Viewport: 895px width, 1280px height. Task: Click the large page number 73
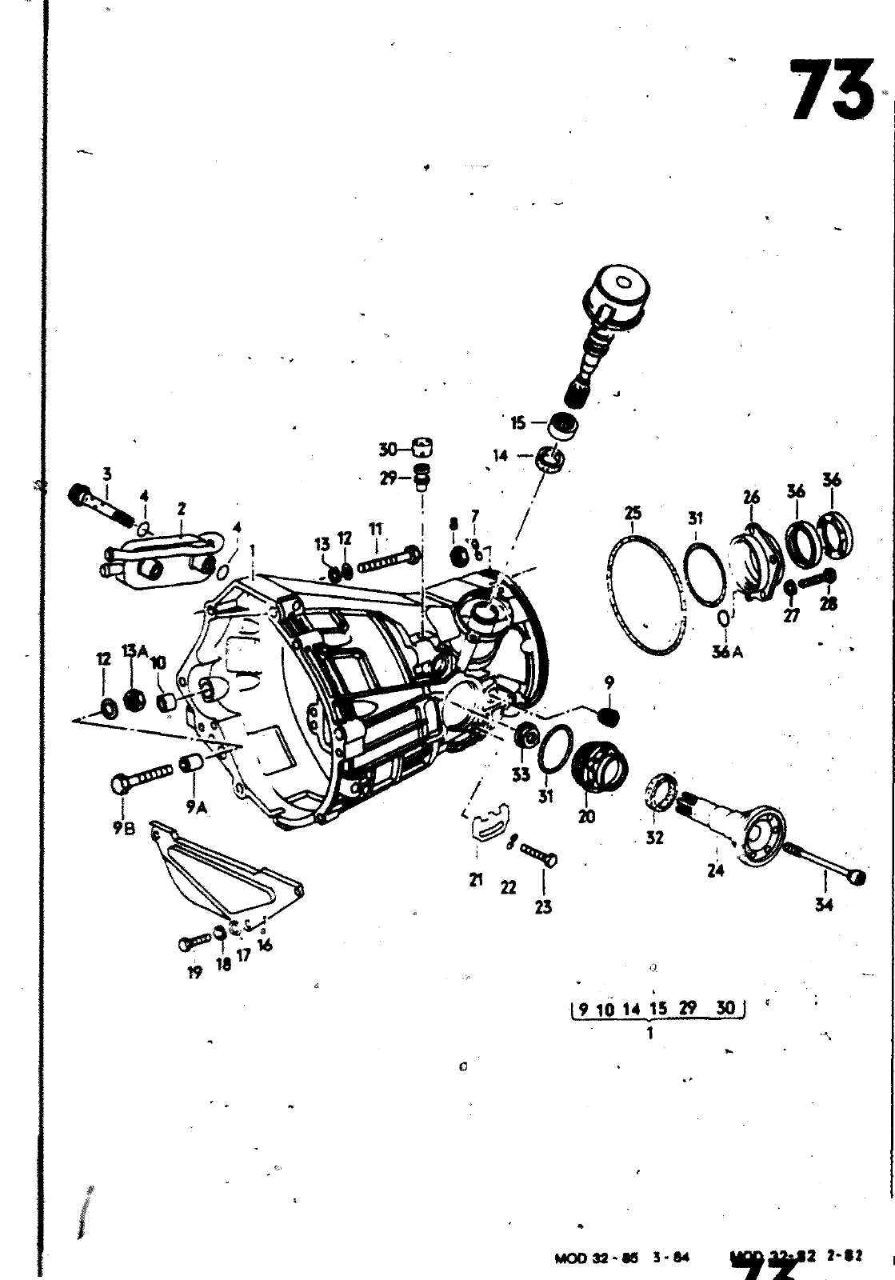tap(830, 90)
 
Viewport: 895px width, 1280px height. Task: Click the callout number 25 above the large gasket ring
tap(633, 513)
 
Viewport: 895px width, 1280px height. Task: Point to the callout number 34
tap(824, 905)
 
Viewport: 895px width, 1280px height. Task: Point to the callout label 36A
tap(727, 652)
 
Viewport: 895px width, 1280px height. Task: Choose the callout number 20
tap(586, 817)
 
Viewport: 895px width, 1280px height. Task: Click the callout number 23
tap(543, 907)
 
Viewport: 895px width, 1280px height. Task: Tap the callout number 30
tap(388, 450)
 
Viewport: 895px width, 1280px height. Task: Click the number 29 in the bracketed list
tap(687, 1009)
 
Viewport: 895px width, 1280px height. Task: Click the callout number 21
tap(476, 881)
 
